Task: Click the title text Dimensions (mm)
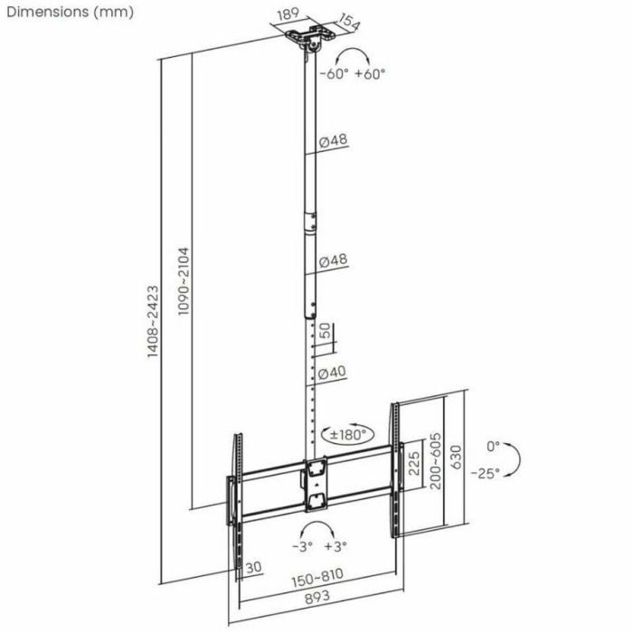pyautogui.click(x=69, y=12)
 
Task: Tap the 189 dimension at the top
pyautogui.click(x=289, y=15)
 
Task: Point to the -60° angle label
pyautogui.click(x=332, y=74)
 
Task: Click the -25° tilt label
pyautogui.click(x=489, y=473)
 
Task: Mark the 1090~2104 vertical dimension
pyautogui.click(x=183, y=279)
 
